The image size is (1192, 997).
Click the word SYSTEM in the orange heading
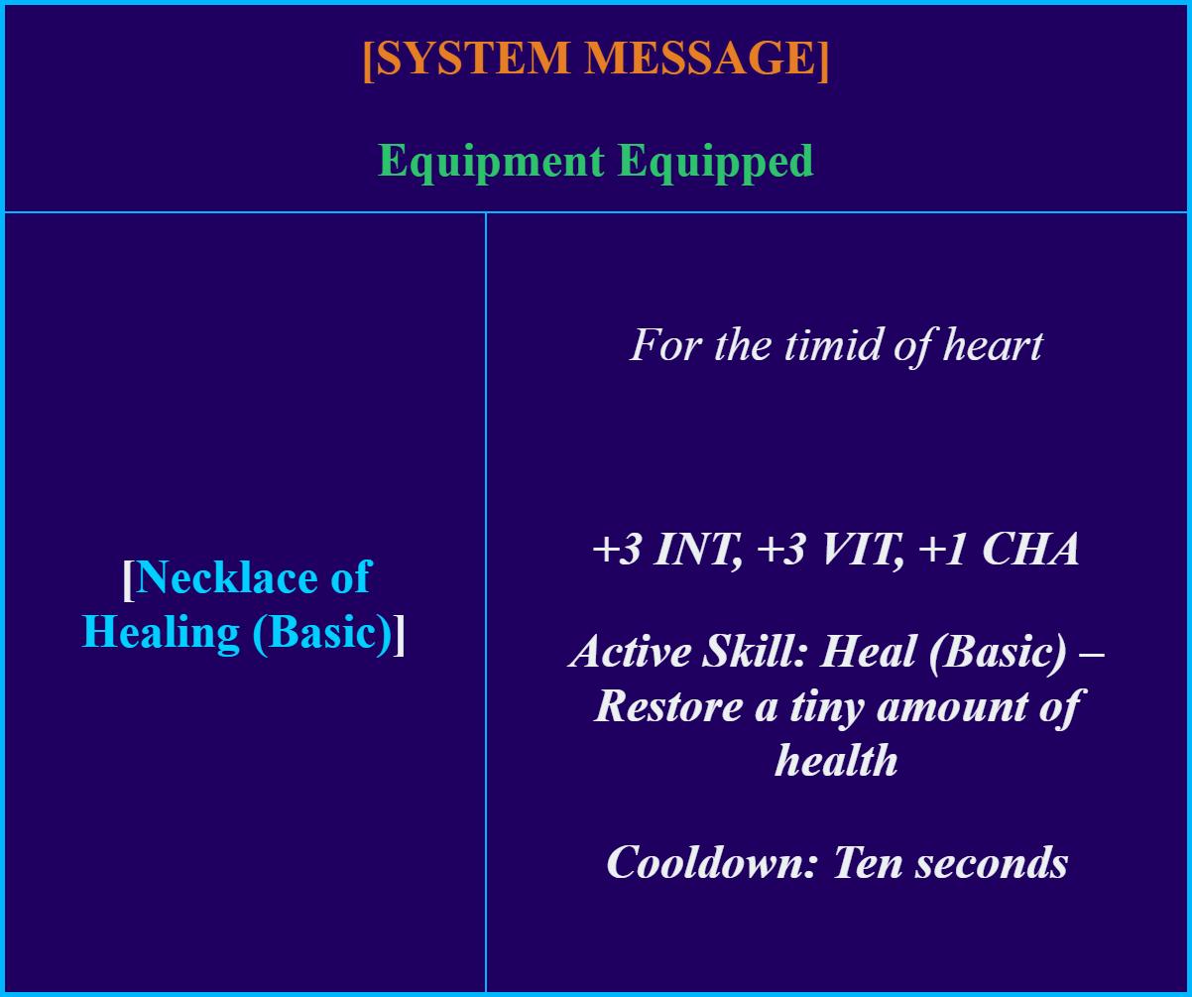(x=473, y=58)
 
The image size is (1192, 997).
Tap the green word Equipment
(x=491, y=162)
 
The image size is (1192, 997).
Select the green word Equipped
(x=716, y=162)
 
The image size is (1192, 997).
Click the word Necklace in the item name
(x=227, y=577)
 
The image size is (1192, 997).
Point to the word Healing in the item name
(x=161, y=634)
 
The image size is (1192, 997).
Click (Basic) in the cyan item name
(x=323, y=633)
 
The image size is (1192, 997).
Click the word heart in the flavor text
(x=993, y=345)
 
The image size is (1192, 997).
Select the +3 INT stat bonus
(x=666, y=550)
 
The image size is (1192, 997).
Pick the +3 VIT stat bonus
(x=831, y=550)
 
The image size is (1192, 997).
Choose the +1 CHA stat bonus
(x=999, y=550)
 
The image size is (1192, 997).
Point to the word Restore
(x=668, y=706)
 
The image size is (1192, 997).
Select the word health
(x=836, y=760)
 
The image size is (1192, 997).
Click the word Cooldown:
(x=712, y=862)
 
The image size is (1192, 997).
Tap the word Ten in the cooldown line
(x=867, y=862)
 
